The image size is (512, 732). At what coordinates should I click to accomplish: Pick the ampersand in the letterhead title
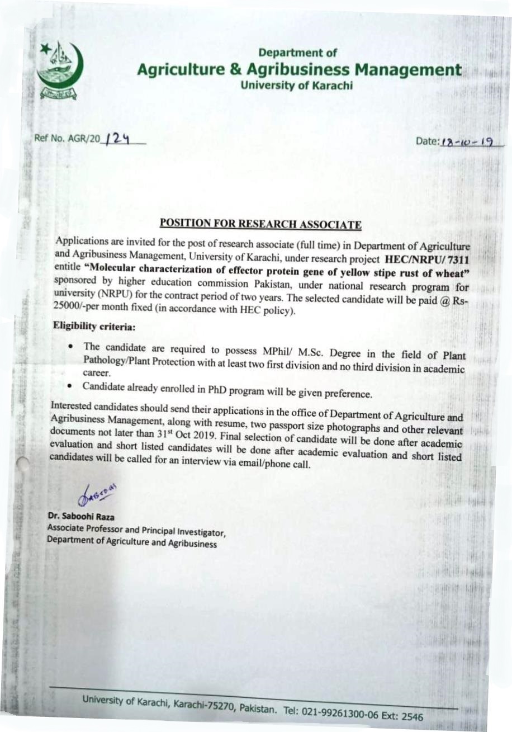coord(235,70)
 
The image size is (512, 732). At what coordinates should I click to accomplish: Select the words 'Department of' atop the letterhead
coord(298,53)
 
